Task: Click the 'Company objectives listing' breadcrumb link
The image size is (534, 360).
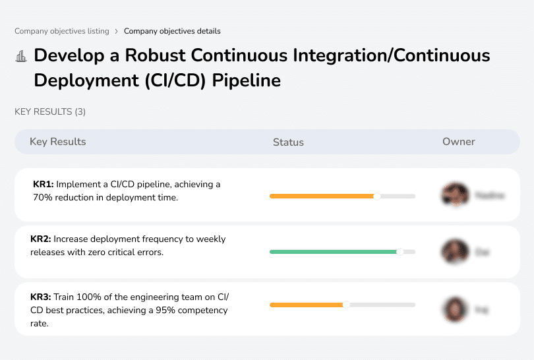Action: pos(62,31)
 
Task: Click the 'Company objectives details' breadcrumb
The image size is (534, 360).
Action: pos(172,31)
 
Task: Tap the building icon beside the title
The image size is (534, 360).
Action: pos(20,57)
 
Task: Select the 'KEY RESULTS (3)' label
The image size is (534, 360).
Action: pos(50,112)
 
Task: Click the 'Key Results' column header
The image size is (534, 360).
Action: pos(58,142)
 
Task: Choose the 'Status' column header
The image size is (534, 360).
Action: pos(288,142)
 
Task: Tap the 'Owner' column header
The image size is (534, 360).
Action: pos(459,142)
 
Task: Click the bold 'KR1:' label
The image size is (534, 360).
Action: pos(44,185)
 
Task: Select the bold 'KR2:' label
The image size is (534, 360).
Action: pos(41,239)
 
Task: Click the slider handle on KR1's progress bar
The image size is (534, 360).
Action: pos(377,196)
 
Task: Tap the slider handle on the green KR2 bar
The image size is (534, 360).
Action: pos(400,251)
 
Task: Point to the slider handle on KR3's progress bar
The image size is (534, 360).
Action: pos(346,305)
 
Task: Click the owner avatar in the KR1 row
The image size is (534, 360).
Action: pos(454,195)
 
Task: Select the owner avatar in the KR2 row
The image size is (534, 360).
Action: pos(454,251)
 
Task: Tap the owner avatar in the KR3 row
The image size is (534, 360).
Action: pos(454,309)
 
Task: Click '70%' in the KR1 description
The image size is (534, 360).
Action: pos(43,197)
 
